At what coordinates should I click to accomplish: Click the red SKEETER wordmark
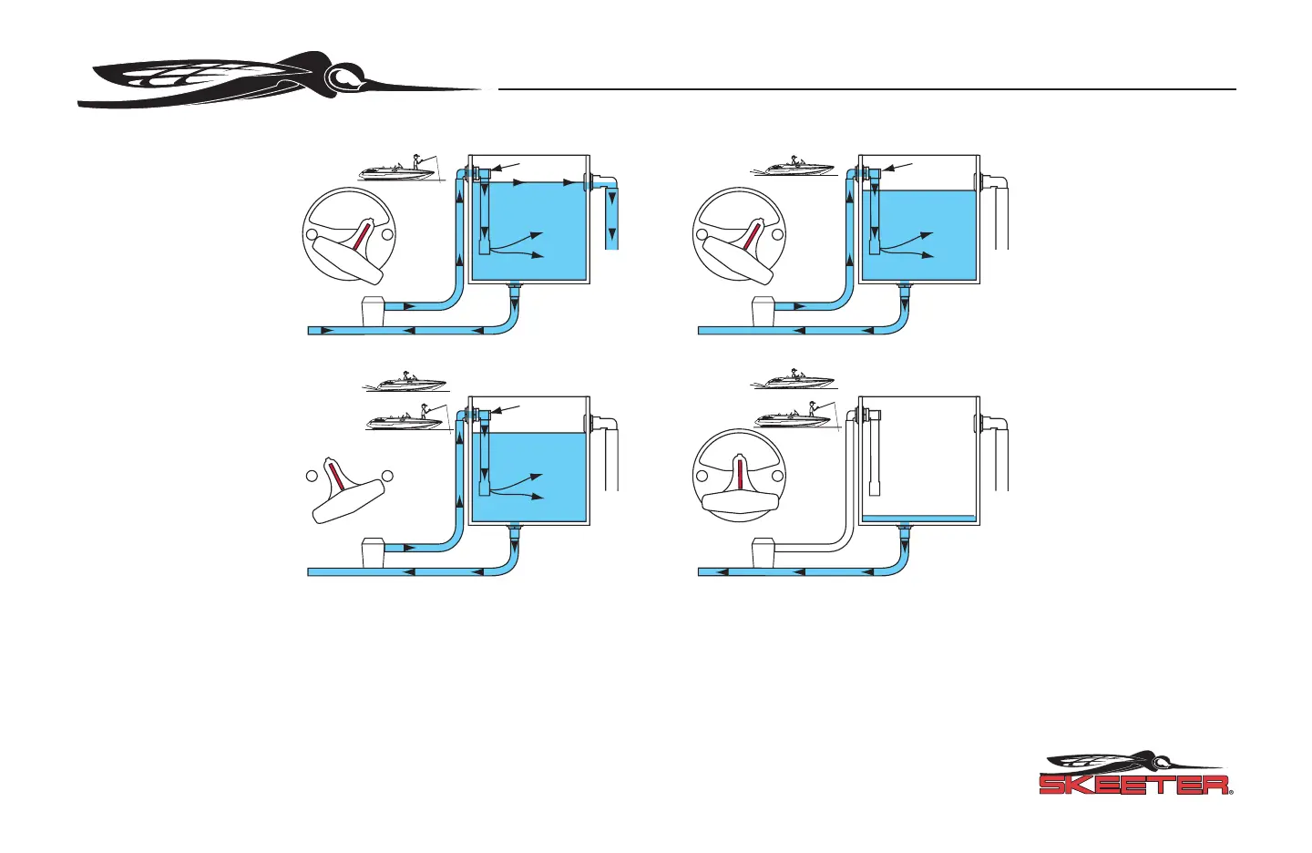pos(1134,785)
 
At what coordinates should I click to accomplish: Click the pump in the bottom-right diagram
pos(764,554)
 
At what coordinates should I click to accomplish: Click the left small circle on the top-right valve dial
pos(702,235)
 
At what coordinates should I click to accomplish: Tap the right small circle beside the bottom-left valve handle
pos(387,475)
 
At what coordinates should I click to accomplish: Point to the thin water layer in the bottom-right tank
pos(918,519)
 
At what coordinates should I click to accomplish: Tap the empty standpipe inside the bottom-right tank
pos(874,456)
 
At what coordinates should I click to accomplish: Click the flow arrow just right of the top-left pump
pos(408,306)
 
